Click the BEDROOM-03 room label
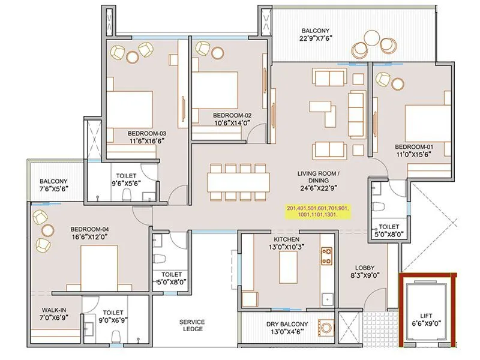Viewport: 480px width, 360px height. pyautogui.click(x=146, y=133)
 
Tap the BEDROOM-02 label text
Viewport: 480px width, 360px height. pyautogui.click(x=232, y=115)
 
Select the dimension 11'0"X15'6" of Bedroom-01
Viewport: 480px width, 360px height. pyautogui.click(x=413, y=154)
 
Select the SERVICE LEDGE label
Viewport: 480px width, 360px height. pyautogui.click(x=192, y=326)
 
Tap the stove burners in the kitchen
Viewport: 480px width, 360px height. pyautogui.click(x=327, y=257)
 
